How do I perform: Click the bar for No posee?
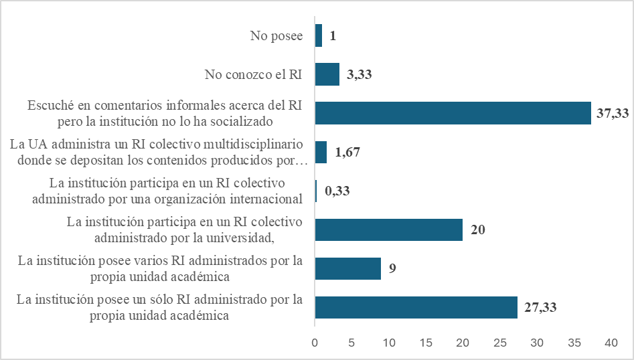coord(319,35)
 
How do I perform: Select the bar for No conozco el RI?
coord(327,74)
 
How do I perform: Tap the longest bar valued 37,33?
coord(453,113)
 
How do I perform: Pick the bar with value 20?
coord(388,230)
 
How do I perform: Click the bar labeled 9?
coord(347,268)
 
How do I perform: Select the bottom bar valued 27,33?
coord(416,307)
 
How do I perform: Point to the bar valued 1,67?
coord(321,152)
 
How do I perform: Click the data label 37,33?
coord(613,114)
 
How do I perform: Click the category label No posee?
coord(276,36)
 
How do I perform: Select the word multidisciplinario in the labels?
coord(257,145)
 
